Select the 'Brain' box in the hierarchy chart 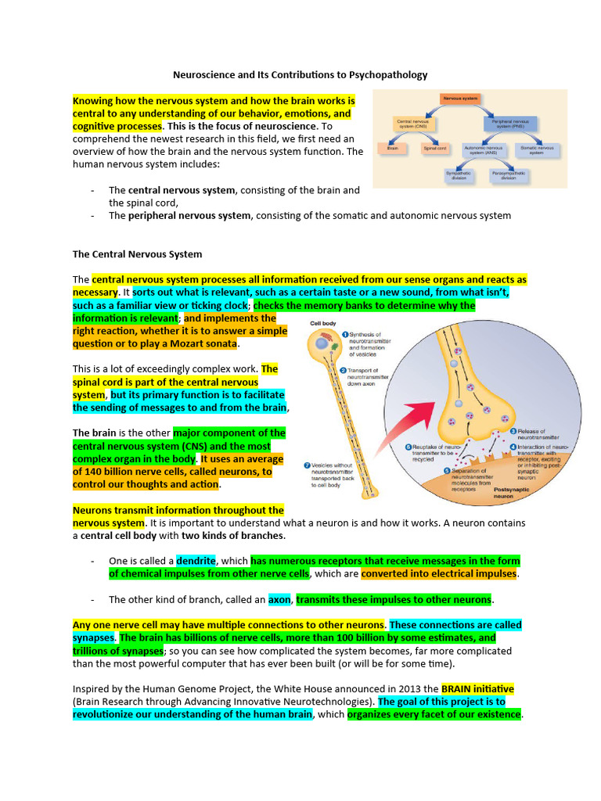[x=392, y=147]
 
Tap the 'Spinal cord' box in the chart [x=434, y=147]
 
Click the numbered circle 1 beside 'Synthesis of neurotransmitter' [x=344, y=335]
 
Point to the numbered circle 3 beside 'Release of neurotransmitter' [x=513, y=431]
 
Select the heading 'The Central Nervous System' [x=137, y=254]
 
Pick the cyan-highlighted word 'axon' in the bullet [x=279, y=600]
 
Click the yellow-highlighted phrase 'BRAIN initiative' [x=477, y=689]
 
